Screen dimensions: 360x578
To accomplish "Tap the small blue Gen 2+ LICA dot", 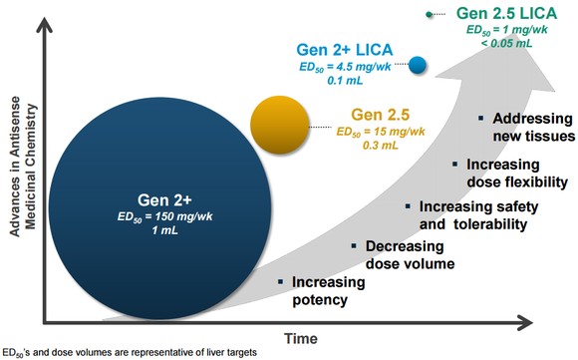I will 419,66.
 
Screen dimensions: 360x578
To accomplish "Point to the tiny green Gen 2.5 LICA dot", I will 429,15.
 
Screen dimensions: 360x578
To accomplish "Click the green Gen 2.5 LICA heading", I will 507,14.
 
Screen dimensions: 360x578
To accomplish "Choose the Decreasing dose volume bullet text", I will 409,254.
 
